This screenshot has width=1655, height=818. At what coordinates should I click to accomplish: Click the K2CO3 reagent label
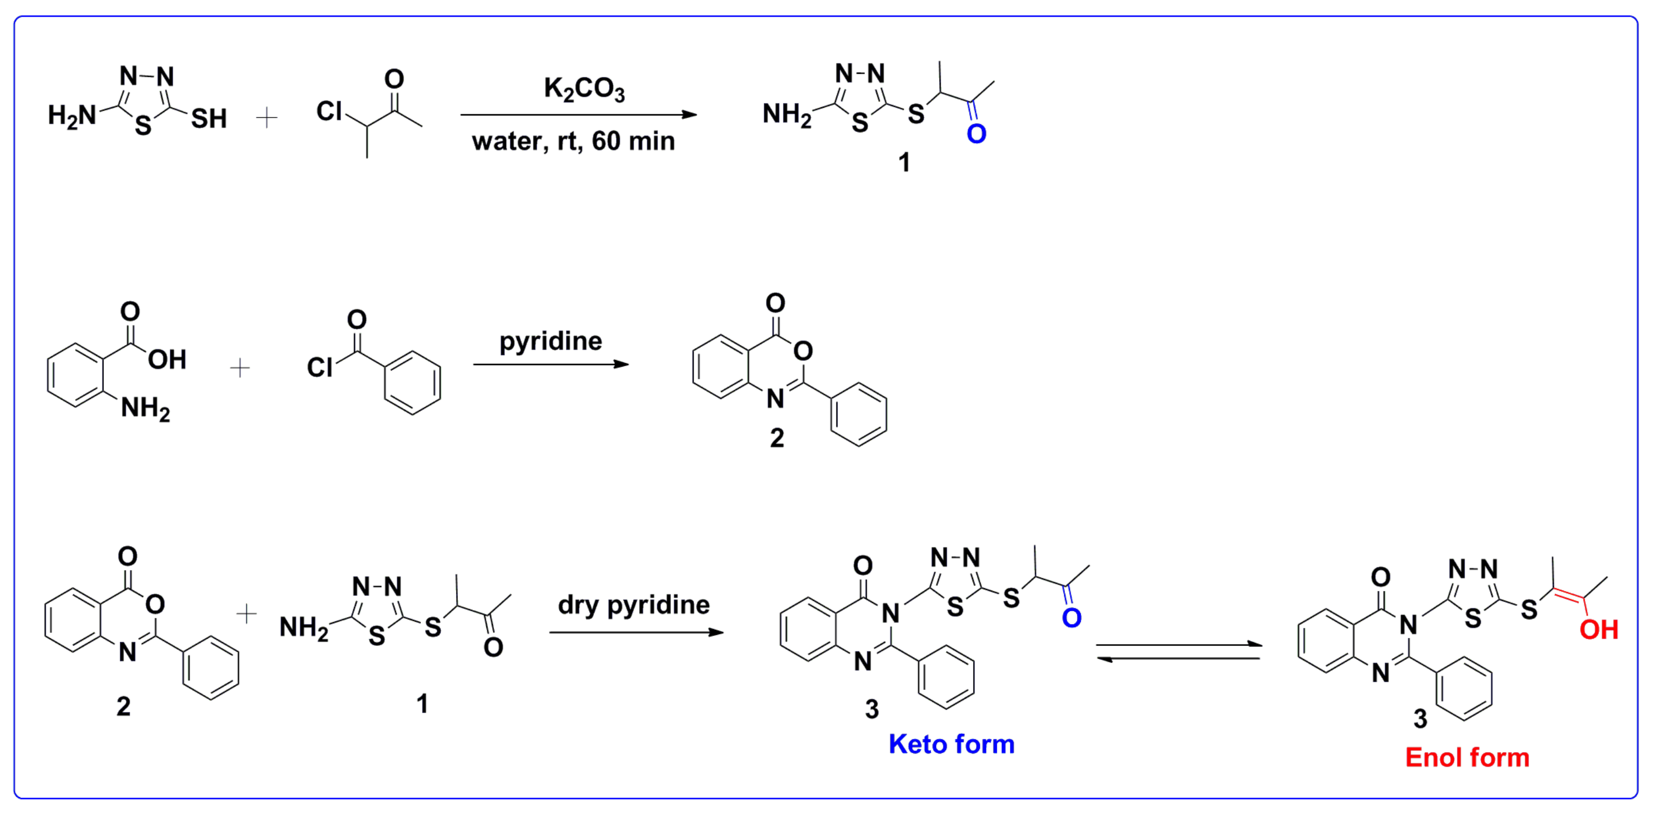click(x=584, y=89)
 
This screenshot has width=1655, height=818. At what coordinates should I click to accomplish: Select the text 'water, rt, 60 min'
click(x=573, y=141)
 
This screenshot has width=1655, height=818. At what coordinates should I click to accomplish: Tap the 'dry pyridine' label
click(x=634, y=605)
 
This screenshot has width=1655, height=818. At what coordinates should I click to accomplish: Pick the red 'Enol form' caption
click(x=1467, y=758)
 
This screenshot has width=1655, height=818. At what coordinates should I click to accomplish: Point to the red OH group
click(x=1598, y=631)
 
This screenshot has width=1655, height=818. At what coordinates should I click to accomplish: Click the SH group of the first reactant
click(x=209, y=119)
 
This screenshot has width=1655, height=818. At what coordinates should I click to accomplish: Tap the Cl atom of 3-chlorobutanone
click(x=329, y=111)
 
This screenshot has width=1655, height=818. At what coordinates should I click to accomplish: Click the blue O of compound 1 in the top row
click(x=976, y=134)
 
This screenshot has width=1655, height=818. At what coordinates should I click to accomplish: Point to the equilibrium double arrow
click(x=1178, y=651)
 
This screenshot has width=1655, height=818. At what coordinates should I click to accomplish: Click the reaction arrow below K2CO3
click(x=578, y=115)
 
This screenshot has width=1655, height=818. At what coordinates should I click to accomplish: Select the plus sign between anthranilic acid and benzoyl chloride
click(x=240, y=368)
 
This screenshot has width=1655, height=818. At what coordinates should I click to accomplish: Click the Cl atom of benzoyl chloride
click(x=319, y=368)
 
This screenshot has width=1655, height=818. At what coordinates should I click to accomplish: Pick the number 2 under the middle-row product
click(x=777, y=438)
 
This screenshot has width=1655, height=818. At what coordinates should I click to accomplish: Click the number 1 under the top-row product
click(x=904, y=163)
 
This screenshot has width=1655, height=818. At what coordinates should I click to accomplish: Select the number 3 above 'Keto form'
click(x=872, y=709)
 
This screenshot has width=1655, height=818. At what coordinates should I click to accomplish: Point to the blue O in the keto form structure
click(x=1071, y=618)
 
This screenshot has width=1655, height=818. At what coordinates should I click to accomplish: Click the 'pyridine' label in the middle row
click(x=551, y=341)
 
